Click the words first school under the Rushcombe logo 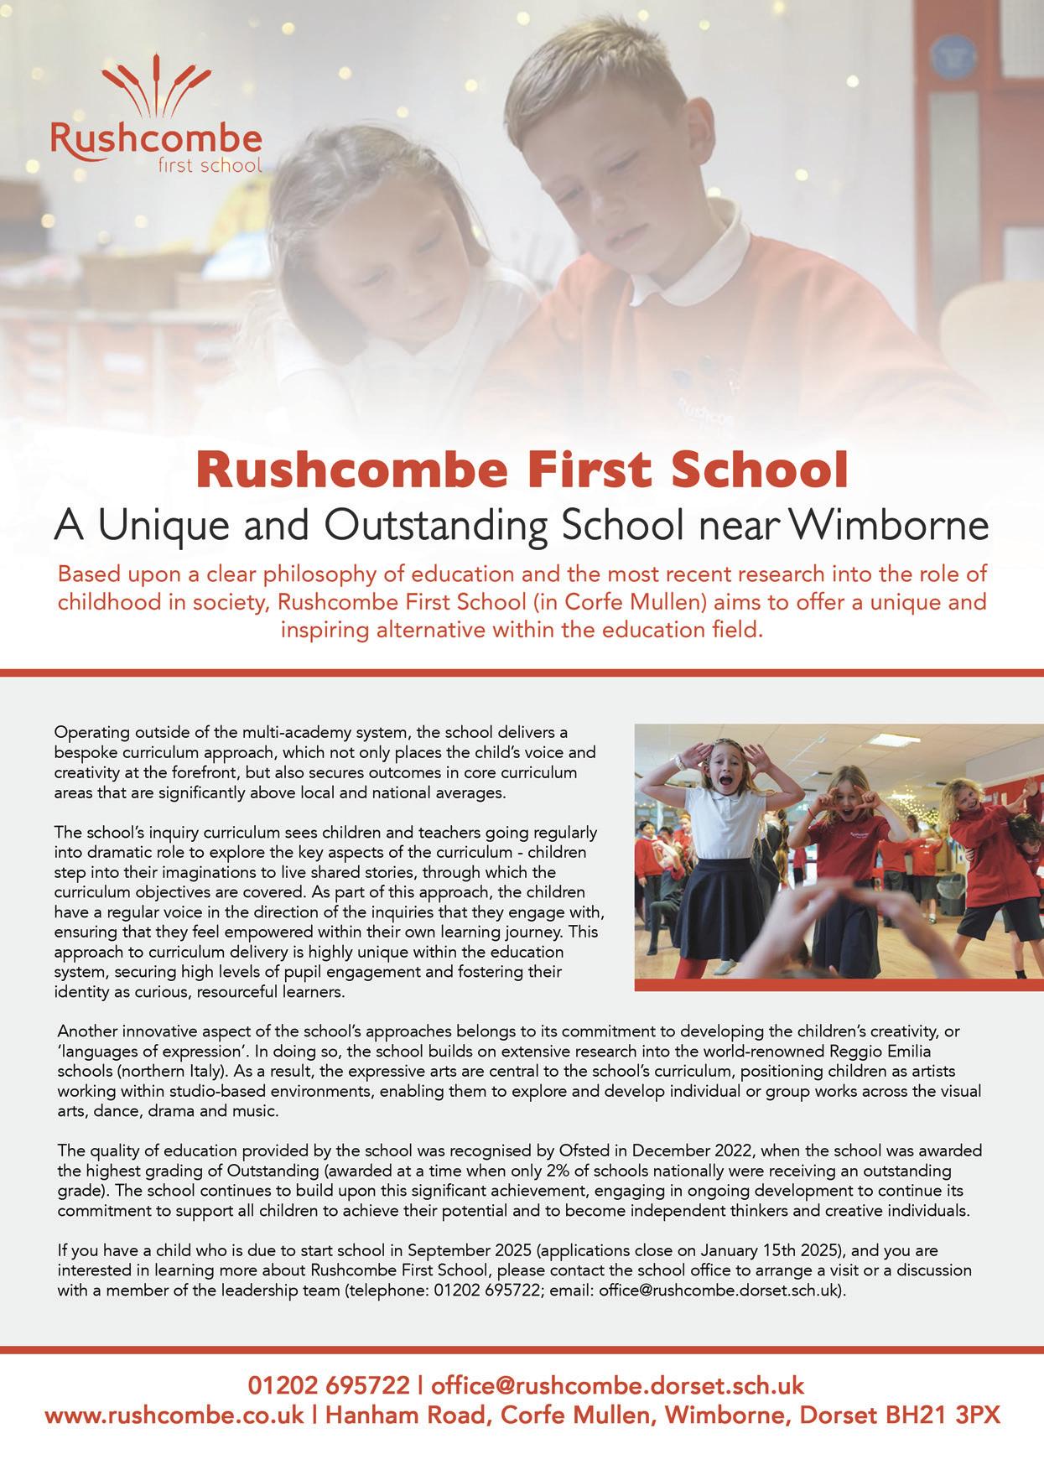[210, 165]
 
